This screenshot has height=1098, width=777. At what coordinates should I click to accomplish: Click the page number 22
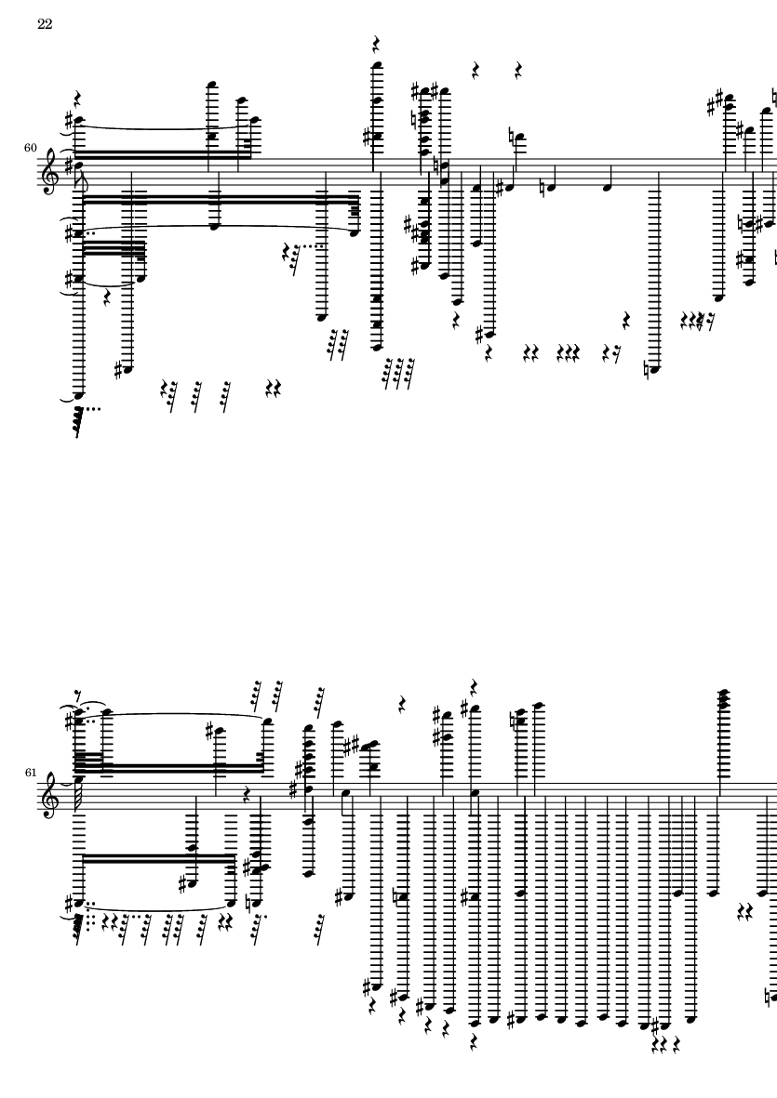click(x=45, y=24)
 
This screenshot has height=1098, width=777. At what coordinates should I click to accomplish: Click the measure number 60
click(x=30, y=148)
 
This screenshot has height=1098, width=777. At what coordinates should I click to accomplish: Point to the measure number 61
click(x=30, y=773)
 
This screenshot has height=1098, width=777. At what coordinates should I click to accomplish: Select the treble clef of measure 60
click(x=50, y=173)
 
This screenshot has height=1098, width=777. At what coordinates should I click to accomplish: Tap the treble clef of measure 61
click(x=50, y=797)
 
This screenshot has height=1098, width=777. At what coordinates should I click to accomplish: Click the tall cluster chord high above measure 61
click(x=723, y=700)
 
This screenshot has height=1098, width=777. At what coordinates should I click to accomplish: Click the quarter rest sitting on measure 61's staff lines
click(x=247, y=795)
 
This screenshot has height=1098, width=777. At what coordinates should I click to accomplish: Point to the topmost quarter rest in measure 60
click(x=376, y=45)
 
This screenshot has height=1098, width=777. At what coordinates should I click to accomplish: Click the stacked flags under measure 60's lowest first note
click(x=79, y=419)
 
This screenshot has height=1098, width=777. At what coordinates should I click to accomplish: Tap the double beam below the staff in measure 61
click(x=158, y=858)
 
